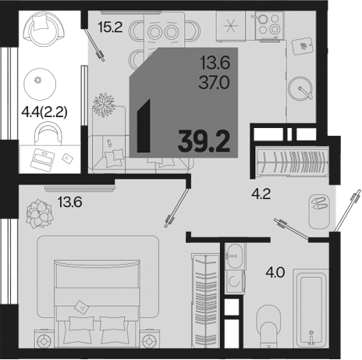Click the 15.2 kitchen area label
click(110, 27)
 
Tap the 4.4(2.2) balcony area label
click(44, 112)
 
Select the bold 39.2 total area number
click(204, 141)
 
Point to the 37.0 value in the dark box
click(215, 83)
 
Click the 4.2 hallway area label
click(261, 194)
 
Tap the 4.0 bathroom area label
click(275, 273)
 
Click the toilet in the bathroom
click(268, 326)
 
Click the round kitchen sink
click(300, 88)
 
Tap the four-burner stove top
click(269, 25)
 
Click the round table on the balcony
click(40, 84)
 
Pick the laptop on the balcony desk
click(42, 160)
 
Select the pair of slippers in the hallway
click(319, 203)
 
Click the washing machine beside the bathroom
click(234, 282)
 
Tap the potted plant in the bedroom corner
click(39, 214)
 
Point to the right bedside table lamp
click(149, 340)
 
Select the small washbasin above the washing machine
click(235, 256)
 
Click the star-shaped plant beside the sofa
click(104, 105)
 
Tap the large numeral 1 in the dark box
click(144, 126)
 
